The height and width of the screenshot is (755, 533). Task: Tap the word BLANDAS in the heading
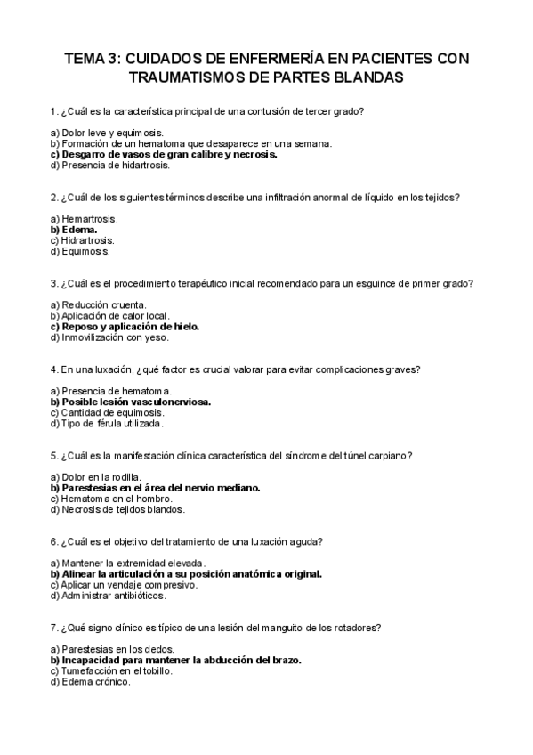pos(366,77)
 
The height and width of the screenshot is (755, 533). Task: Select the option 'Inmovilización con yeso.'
pos(109,337)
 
